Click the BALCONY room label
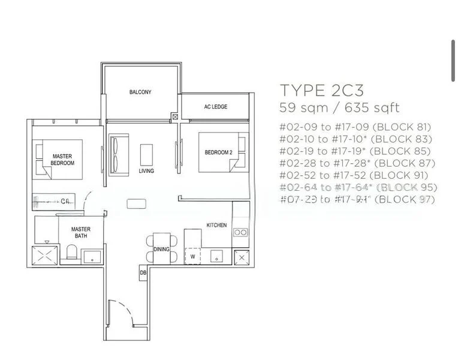140,92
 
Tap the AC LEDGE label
215,107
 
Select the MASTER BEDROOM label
62,159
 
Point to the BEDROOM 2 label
218,153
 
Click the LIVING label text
146,171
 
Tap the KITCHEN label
216,225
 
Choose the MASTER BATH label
80,233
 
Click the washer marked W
193,256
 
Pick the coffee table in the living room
146,154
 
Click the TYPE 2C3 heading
321,91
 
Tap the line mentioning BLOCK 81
355,127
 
